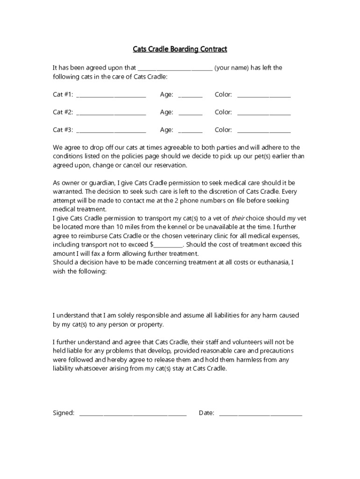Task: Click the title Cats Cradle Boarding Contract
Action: [180, 49]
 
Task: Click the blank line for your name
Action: [175, 69]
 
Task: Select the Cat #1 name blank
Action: [111, 96]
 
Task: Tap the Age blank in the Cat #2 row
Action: [190, 114]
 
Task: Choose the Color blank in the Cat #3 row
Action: [264, 131]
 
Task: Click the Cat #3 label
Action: [63, 130]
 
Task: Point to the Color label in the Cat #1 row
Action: [223, 94]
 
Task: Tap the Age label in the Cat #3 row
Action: [166, 130]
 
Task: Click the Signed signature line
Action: [133, 414]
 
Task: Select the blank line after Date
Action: [260, 414]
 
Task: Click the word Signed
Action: [63, 413]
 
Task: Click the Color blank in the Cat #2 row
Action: [264, 114]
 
